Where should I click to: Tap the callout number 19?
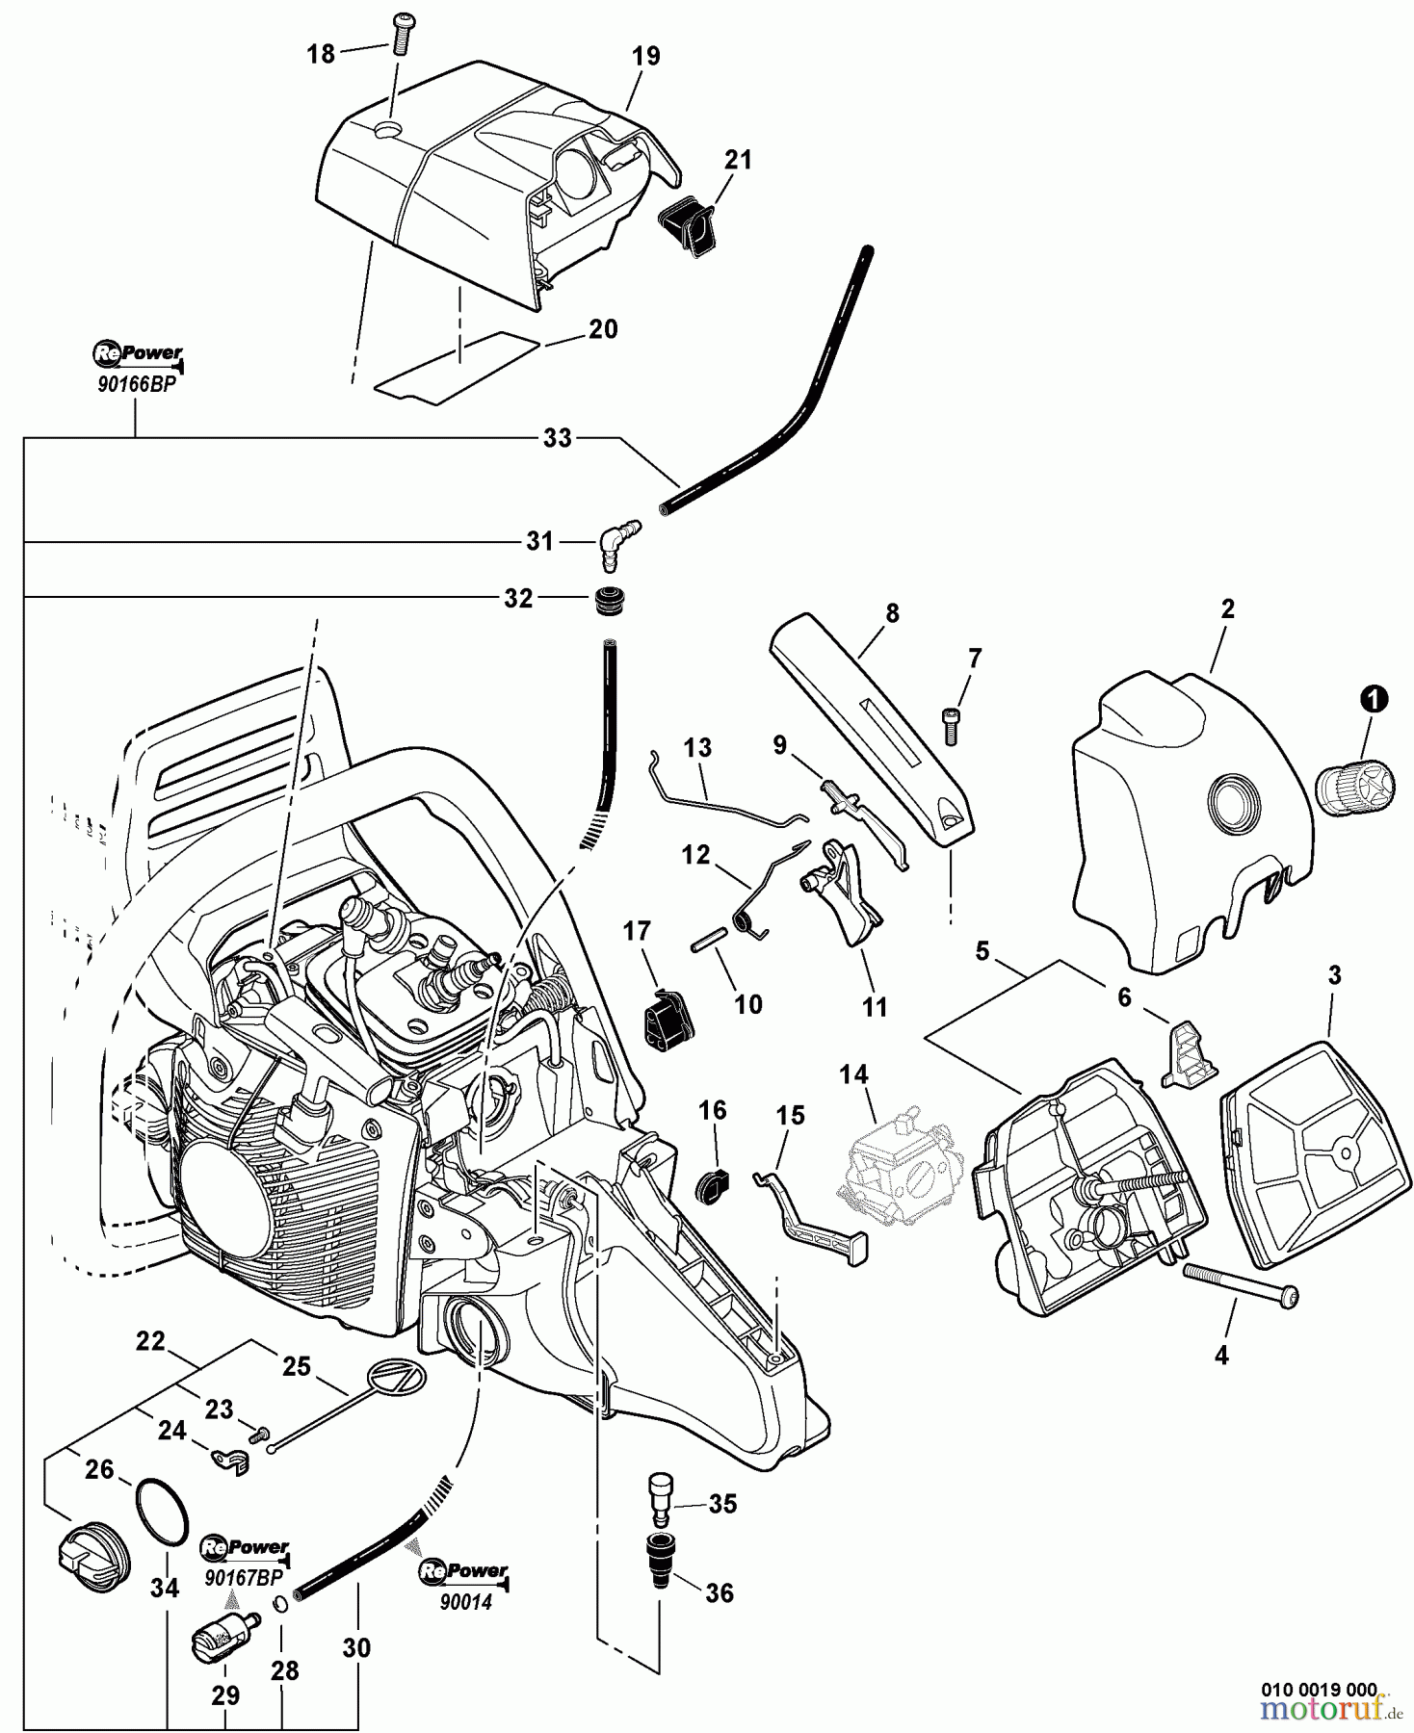coord(646,56)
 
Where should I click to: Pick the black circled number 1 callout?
coord(1374,699)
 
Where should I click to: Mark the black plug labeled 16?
coord(711,1185)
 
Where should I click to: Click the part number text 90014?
coord(465,1603)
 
